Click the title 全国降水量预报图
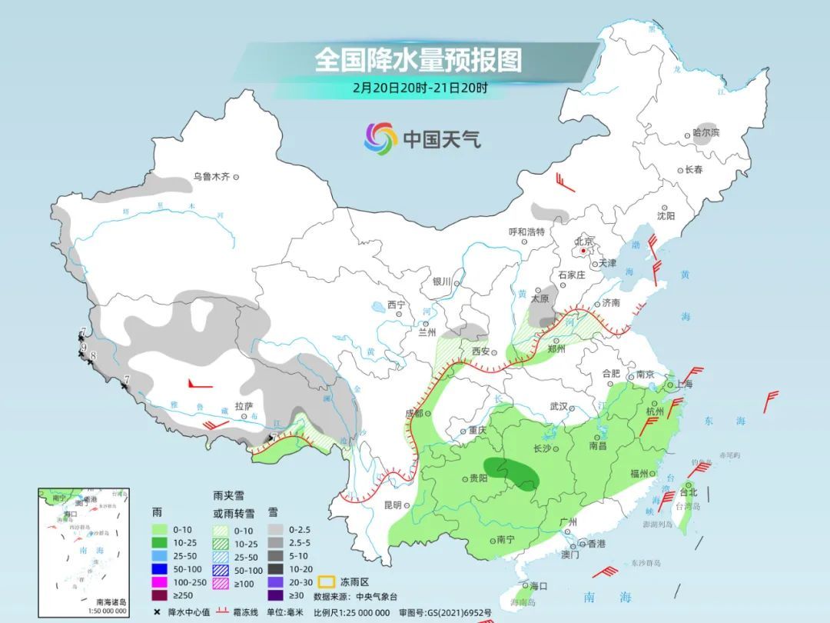click(418, 59)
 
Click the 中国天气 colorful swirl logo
click(380, 138)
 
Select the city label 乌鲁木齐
click(211, 177)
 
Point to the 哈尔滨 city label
click(705, 133)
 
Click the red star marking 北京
click(584, 251)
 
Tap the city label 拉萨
click(244, 406)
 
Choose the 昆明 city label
click(391, 505)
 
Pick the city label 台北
click(689, 492)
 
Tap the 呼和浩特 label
click(526, 232)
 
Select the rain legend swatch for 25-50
click(159, 554)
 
